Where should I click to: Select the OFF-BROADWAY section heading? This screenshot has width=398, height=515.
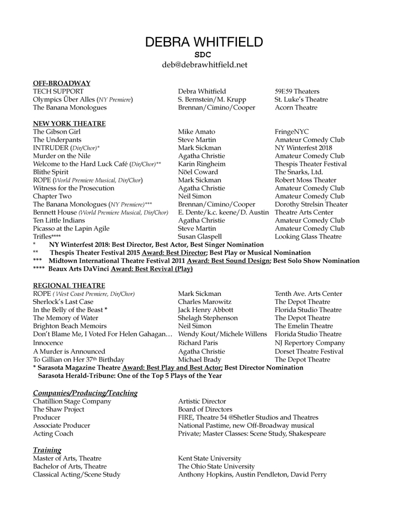click(62, 83)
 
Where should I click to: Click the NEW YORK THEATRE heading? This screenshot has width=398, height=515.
click(69, 123)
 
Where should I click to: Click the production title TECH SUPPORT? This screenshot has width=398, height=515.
click(58, 91)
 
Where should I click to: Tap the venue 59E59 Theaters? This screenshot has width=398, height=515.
click(297, 91)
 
